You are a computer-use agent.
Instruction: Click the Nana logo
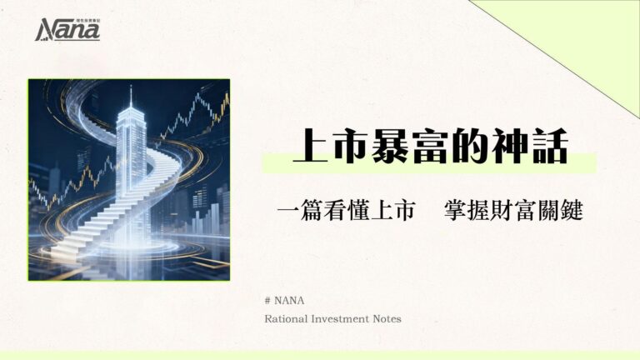click(x=67, y=30)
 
